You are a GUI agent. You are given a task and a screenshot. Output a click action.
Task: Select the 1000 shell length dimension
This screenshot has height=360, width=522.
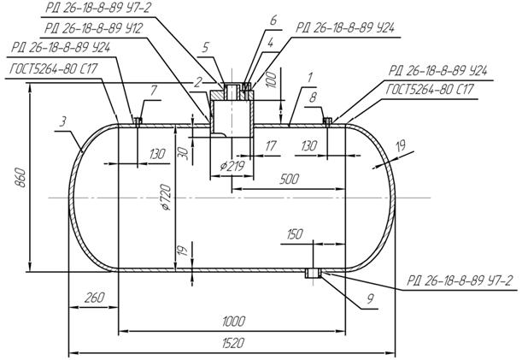232,322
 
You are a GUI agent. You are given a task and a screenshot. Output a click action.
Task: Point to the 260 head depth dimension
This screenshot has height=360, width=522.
93,298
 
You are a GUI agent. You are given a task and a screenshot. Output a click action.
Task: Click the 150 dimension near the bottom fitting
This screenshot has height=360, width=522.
296,233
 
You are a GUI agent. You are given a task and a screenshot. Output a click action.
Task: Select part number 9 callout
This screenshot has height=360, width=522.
347,300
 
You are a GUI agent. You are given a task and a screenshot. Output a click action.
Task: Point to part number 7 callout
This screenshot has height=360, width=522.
154,90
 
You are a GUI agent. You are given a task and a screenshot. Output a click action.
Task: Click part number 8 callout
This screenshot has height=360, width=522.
313,97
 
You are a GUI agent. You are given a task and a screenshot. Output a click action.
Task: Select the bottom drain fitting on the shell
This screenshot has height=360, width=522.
314,273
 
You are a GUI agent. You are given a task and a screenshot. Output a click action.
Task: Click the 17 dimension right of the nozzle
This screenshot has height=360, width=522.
270,146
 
